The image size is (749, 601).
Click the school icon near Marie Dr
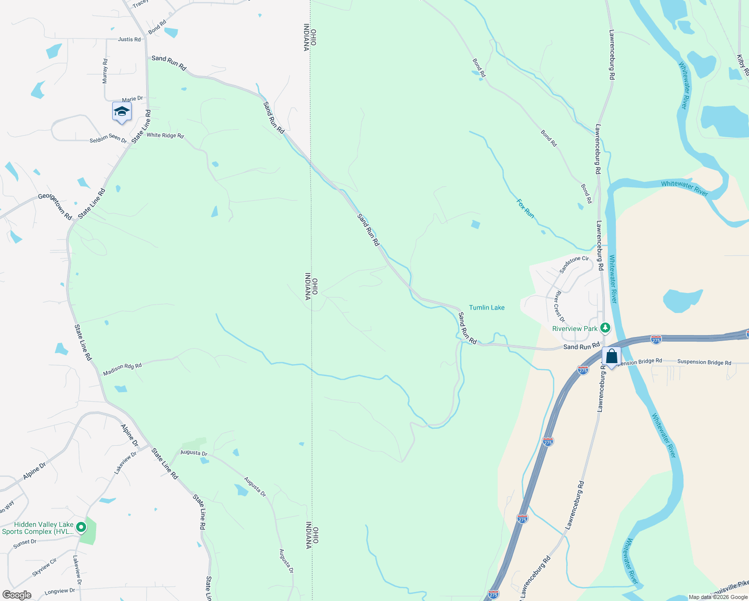[x=122, y=112]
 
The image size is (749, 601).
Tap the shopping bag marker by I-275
[x=611, y=357]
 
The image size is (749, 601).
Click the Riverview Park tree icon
[x=605, y=328]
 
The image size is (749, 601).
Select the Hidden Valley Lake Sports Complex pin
[x=81, y=527]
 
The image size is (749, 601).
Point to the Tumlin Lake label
[x=487, y=308]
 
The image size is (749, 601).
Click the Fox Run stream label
[x=525, y=208]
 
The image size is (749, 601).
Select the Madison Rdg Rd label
[x=122, y=369]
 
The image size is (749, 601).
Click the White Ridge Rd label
[x=165, y=135]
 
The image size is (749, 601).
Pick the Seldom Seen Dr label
[x=108, y=138]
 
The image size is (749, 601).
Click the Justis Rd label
[x=129, y=39]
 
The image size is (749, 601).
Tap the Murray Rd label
[x=105, y=71]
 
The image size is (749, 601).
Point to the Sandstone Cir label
[x=574, y=264]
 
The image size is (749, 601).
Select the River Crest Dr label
[x=559, y=306]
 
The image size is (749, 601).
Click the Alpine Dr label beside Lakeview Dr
[x=129, y=435]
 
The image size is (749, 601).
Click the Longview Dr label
[x=60, y=591]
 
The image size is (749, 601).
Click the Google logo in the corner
[x=17, y=595]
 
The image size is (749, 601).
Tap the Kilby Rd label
[x=742, y=65]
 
